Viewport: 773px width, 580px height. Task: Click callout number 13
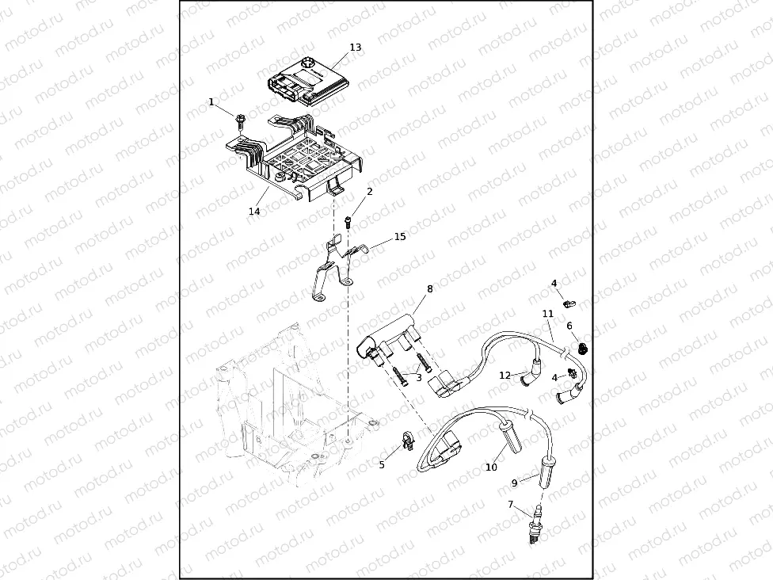coord(356,48)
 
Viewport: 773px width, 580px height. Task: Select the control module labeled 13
coord(310,82)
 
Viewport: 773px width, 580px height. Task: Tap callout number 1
coord(211,102)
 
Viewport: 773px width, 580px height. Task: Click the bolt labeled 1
coord(238,119)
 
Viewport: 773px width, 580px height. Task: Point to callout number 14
coord(254,212)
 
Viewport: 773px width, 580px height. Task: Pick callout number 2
coord(369,192)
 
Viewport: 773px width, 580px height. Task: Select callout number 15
coord(400,237)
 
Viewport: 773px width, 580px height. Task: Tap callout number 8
coord(430,289)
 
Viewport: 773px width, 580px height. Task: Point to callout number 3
coord(418,378)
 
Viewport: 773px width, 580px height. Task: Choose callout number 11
coord(548,314)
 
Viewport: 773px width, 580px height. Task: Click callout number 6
coord(569,326)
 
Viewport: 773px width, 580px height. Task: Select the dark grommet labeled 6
coord(584,348)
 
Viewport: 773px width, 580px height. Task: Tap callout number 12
coord(505,375)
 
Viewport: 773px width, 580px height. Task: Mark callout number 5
coord(382,465)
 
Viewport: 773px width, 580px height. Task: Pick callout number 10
coord(491,467)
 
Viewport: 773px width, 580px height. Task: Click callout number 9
coord(514,483)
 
